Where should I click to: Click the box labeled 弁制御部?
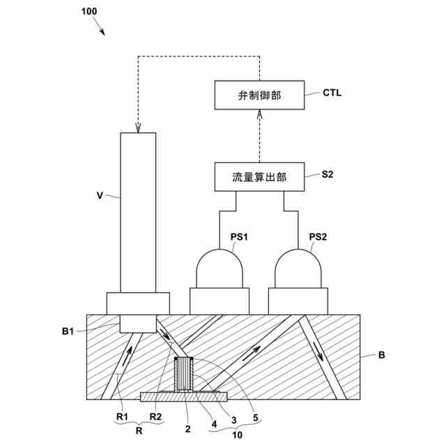[259, 95]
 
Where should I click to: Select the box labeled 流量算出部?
[259, 176]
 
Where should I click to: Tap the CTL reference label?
[332, 93]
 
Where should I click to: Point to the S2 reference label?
[328, 174]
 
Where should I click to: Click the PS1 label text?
[239, 237]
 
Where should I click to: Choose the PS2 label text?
[318, 237]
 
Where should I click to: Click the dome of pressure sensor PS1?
[220, 268]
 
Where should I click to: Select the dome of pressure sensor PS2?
[298, 268]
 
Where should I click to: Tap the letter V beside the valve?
[100, 196]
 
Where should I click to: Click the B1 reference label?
[68, 331]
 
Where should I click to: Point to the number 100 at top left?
[89, 11]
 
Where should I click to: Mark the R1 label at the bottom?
[123, 417]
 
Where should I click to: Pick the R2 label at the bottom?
[155, 417]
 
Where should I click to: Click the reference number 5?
[256, 417]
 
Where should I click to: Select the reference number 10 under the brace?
[237, 435]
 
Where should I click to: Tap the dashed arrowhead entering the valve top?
[138, 128]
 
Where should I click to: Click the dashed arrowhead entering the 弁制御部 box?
[259, 114]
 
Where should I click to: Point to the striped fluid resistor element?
[184, 374]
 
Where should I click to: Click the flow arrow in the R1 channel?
[128, 355]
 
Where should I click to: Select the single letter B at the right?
[381, 355]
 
